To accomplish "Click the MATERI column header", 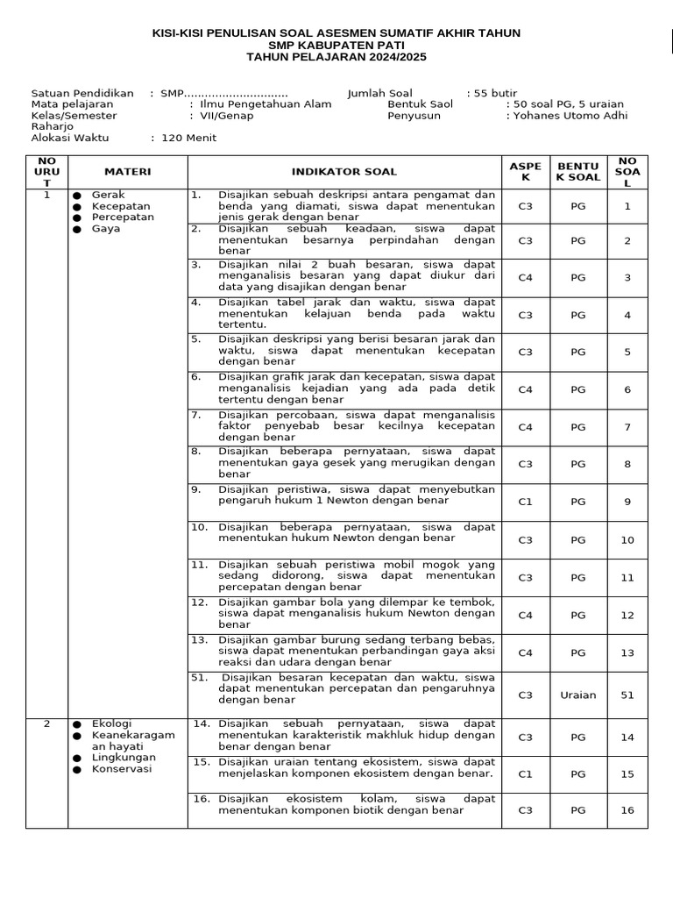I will [128, 172].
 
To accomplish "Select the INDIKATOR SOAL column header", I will [344, 172].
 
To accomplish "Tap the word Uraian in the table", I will [577, 695].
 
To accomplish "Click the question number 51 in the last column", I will [627, 695].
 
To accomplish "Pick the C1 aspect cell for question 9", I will [525, 502].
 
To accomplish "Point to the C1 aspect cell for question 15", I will [525, 774].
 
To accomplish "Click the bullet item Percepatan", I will [123, 217].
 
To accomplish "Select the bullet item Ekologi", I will [111, 723].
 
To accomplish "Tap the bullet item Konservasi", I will [122, 769].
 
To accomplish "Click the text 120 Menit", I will [188, 138].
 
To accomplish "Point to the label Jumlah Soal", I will [379, 93].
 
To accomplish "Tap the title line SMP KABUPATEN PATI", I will [336, 46].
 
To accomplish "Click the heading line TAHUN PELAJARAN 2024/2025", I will [336, 58].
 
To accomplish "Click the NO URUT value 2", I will [46, 723].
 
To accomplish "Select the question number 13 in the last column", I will [627, 652].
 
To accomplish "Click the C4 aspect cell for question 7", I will [525, 427].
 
